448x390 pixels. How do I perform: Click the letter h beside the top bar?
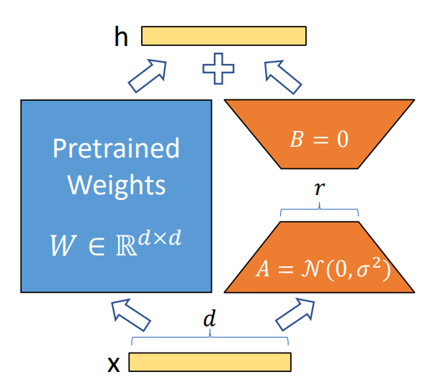[x=120, y=37]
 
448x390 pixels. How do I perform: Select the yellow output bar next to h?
[x=223, y=36]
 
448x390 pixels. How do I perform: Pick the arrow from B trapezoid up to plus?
[x=282, y=76]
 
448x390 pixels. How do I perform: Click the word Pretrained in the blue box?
[x=116, y=149]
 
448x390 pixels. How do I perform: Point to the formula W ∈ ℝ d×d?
[x=115, y=240]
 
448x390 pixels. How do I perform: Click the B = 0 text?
[x=319, y=139]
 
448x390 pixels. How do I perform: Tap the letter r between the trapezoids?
[x=319, y=189]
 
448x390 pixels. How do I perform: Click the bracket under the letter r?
[x=319, y=211]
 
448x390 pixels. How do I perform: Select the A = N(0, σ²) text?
[x=321, y=268]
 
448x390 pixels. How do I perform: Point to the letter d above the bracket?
[x=209, y=320]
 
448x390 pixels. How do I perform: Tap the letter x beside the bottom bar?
[x=114, y=363]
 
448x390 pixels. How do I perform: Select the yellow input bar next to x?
[x=210, y=362]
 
